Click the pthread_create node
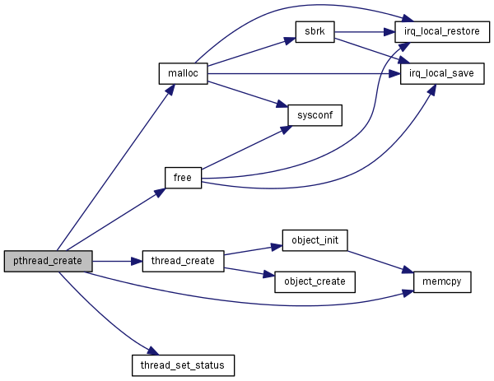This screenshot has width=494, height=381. pyautogui.click(x=48, y=261)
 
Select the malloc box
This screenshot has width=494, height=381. pyautogui.click(x=182, y=72)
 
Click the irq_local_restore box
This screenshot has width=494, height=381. pyautogui.click(x=442, y=32)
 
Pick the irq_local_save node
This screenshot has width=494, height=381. pyautogui.click(x=442, y=74)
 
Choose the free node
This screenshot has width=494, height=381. pyautogui.click(x=183, y=177)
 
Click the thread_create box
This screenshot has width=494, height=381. pyautogui.click(x=183, y=261)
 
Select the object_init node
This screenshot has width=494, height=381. pyautogui.click(x=315, y=240)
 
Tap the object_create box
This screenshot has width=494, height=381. pyautogui.click(x=315, y=281)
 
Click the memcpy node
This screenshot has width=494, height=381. pyautogui.click(x=442, y=281)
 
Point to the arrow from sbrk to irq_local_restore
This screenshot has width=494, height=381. pyautogui.click(x=362, y=33)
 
